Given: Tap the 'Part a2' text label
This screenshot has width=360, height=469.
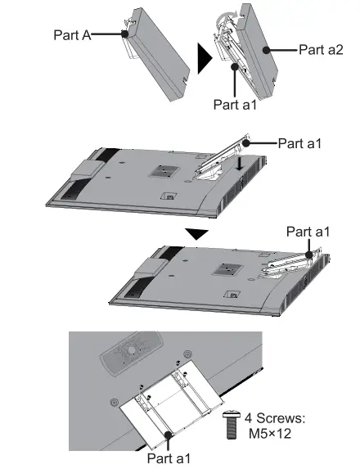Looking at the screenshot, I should pos(321,50).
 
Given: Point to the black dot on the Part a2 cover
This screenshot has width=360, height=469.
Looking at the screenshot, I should pos(265,50).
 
